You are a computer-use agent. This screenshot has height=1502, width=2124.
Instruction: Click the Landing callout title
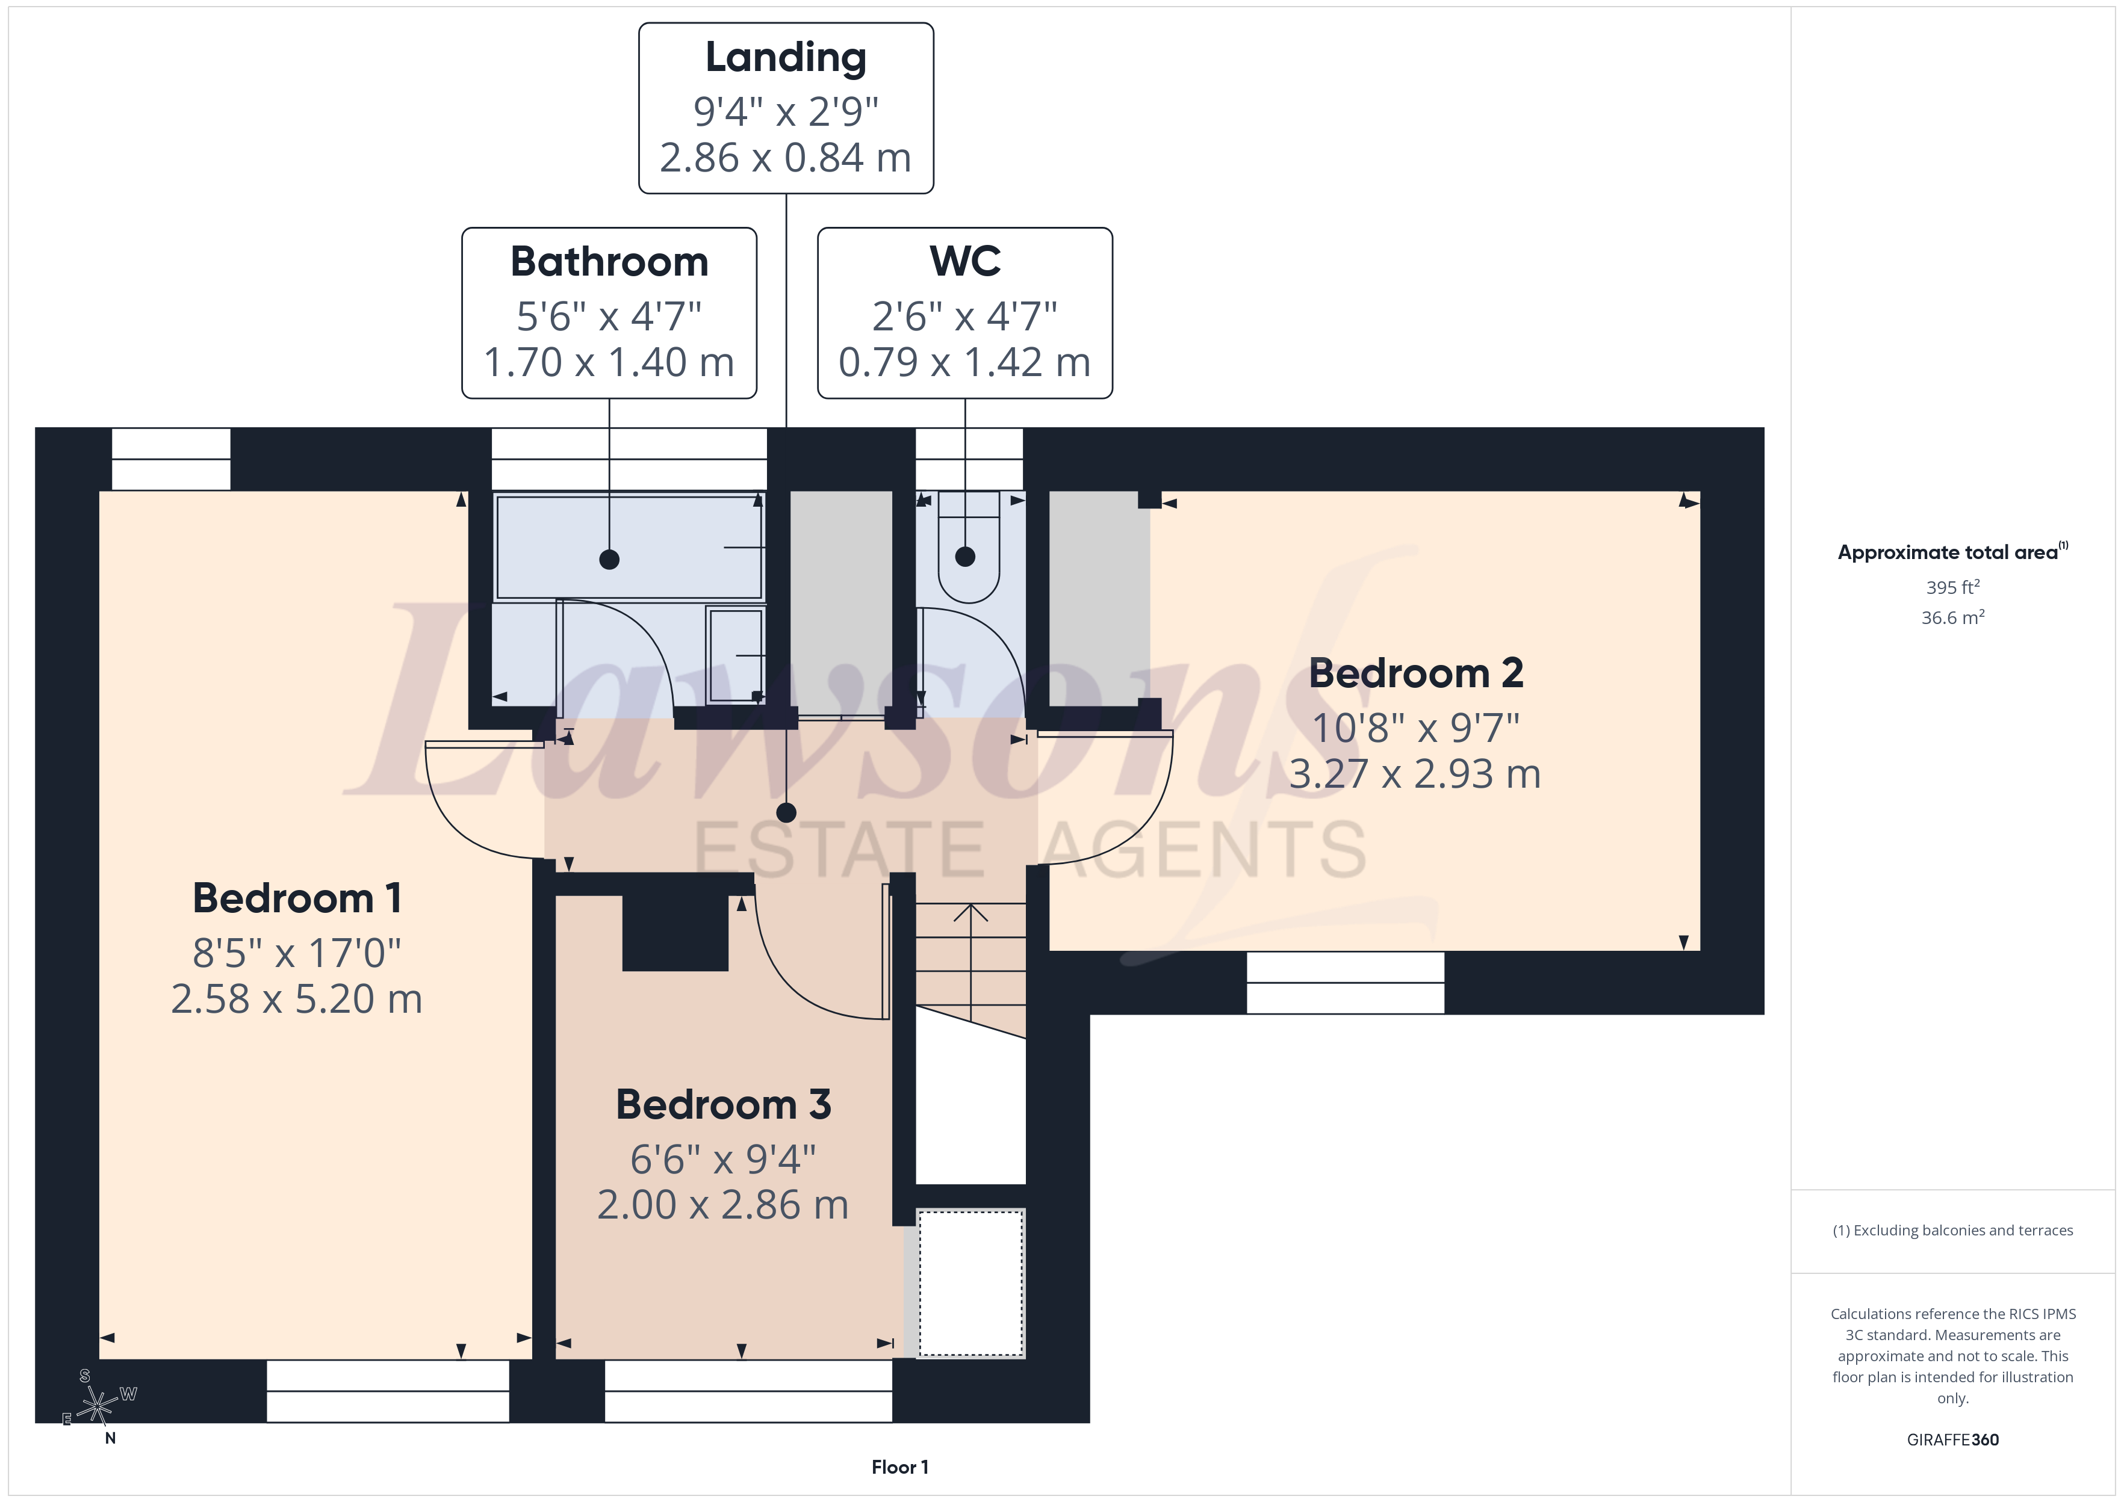click(x=786, y=57)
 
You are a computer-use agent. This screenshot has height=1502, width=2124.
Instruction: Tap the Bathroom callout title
click(x=610, y=262)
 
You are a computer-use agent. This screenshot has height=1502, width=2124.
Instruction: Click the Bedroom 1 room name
click(x=297, y=898)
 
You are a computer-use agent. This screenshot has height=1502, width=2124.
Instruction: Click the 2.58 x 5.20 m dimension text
click(x=297, y=999)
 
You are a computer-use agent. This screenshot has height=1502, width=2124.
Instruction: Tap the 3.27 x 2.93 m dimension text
click(x=1415, y=774)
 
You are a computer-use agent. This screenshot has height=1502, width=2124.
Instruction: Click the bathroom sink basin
click(x=736, y=655)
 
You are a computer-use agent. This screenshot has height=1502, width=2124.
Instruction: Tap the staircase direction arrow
click(x=970, y=962)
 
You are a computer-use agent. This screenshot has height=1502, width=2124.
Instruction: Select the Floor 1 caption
click(x=899, y=1467)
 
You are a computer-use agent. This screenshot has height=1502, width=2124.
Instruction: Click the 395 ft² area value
click(x=1953, y=587)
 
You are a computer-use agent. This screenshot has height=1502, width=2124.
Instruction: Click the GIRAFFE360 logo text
click(x=1953, y=1440)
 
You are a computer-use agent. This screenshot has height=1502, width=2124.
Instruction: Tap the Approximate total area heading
click(x=1952, y=552)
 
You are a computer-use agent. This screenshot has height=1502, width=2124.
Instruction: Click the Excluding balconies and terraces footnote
click(x=1953, y=1230)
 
